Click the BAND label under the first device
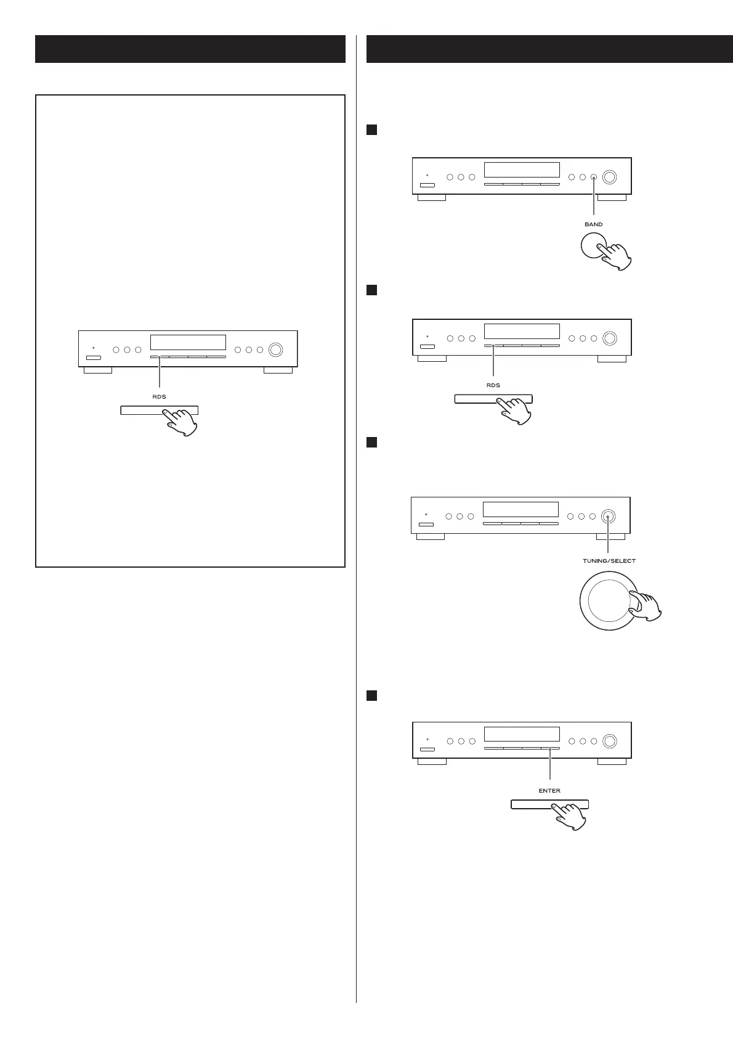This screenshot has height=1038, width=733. [x=593, y=224]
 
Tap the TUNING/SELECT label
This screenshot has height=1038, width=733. [x=609, y=561]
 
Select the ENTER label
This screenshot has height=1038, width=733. [x=549, y=790]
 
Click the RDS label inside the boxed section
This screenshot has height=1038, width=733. [x=159, y=397]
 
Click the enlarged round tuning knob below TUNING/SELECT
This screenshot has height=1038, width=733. [x=607, y=600]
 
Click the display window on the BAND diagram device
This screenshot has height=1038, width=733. [x=522, y=170]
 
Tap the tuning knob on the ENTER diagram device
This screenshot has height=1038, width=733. [x=610, y=741]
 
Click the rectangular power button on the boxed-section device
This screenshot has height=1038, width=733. [x=94, y=358]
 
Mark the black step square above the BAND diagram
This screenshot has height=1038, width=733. [x=371, y=129]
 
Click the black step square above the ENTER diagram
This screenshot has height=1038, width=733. [x=371, y=695]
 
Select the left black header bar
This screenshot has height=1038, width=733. [x=190, y=49]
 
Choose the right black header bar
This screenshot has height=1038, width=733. [x=545, y=49]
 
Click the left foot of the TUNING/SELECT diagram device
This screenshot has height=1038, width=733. [x=430, y=537]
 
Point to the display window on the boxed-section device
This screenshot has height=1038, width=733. [x=188, y=343]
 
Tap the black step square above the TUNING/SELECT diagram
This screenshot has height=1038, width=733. [x=371, y=442]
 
